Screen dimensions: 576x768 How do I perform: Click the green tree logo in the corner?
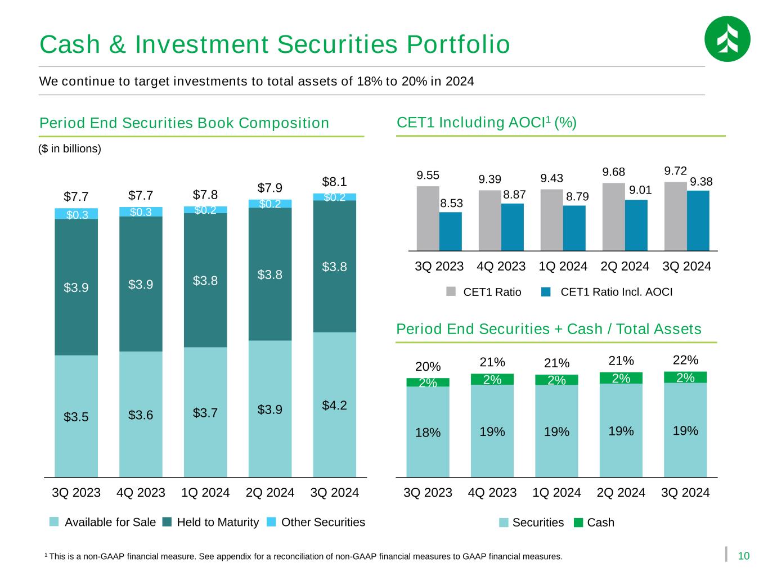click(727, 39)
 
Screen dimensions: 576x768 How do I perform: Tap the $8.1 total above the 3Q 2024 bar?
click(334, 182)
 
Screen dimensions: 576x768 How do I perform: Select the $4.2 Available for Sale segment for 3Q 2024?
click(334, 404)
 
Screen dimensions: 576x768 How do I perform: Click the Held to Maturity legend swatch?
click(167, 522)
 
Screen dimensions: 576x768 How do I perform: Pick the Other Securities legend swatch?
click(272, 522)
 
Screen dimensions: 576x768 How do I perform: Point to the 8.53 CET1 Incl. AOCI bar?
click(451, 231)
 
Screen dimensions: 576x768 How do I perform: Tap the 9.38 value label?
click(701, 181)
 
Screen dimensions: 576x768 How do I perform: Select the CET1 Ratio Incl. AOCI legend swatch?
click(545, 292)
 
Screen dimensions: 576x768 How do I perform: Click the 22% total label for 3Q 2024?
click(685, 359)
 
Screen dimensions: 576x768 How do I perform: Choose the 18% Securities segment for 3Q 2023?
click(428, 431)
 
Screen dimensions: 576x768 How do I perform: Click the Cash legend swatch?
click(578, 523)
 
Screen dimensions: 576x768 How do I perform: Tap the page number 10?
click(744, 556)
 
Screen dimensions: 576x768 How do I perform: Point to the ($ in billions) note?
click(70, 149)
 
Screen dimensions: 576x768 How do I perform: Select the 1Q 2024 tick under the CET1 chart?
click(563, 266)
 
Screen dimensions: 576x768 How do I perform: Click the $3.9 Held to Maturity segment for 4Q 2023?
click(141, 284)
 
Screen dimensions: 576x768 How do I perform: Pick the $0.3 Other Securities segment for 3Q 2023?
click(77, 214)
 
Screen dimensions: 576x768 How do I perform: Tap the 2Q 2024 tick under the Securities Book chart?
click(270, 493)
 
